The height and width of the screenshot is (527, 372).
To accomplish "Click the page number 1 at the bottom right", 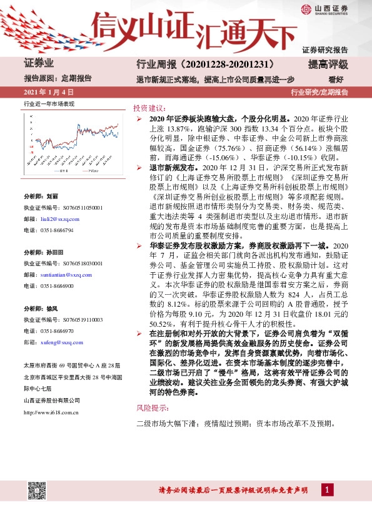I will [x=328, y=489].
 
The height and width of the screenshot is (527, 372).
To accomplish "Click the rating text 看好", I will [x=337, y=79].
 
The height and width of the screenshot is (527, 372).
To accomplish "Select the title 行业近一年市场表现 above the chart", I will [x=49, y=104].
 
